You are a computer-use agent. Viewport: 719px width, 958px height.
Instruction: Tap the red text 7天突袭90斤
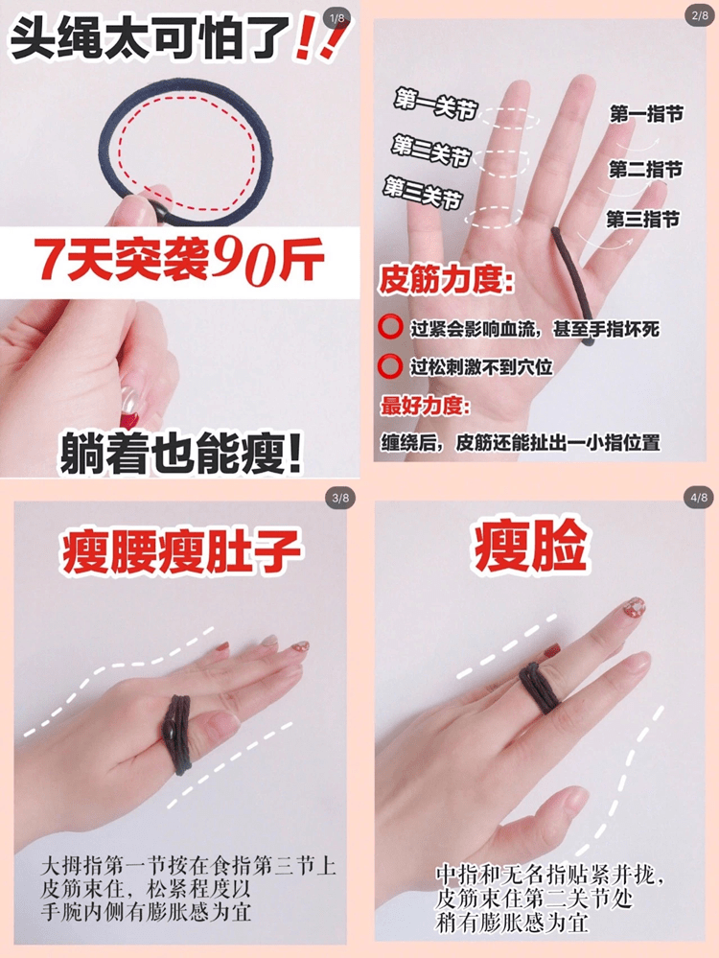pyautogui.click(x=179, y=259)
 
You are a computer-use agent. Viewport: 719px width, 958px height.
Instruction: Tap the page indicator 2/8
pyautogui.click(x=697, y=17)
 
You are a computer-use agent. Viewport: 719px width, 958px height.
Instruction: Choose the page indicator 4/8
pyautogui.click(x=698, y=498)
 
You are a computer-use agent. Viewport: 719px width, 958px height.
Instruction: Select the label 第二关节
pyautogui.click(x=429, y=149)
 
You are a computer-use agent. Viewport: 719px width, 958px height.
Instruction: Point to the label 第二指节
pyautogui.click(x=645, y=170)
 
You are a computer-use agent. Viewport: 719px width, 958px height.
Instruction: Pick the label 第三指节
pyautogui.click(x=642, y=219)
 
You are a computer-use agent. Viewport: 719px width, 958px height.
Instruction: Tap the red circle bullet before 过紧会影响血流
pyautogui.click(x=390, y=329)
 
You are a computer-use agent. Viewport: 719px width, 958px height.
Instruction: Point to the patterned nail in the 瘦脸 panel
pyautogui.click(x=634, y=608)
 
